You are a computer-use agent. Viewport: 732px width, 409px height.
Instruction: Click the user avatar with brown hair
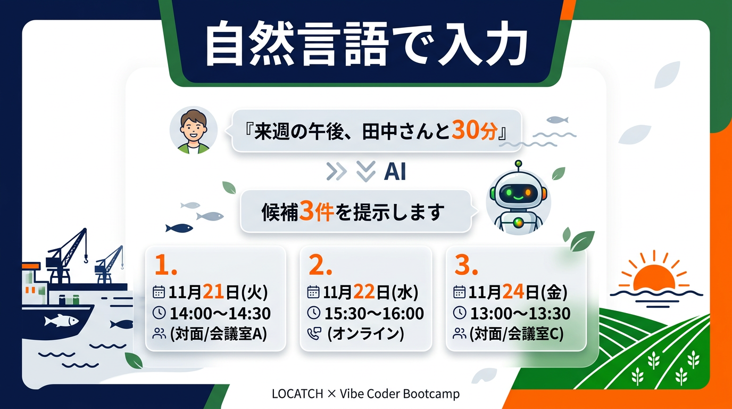pyautogui.click(x=194, y=130)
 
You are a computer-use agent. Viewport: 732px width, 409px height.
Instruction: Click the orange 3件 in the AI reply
pyautogui.click(x=316, y=211)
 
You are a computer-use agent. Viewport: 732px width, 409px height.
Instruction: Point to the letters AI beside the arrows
pyautogui.click(x=395, y=172)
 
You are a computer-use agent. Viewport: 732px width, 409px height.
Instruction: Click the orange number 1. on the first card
pyautogui.click(x=165, y=265)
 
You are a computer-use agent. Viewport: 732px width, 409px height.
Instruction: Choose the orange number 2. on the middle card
pyautogui.click(x=320, y=265)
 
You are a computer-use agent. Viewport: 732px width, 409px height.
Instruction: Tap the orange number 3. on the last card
pyautogui.click(x=466, y=265)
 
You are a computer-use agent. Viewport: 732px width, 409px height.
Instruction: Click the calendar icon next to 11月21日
pyautogui.click(x=159, y=292)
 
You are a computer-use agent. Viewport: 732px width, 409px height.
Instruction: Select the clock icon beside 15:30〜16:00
pyautogui.click(x=314, y=313)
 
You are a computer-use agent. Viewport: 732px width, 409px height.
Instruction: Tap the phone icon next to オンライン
pyautogui.click(x=314, y=334)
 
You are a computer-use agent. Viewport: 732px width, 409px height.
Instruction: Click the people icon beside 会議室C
pyautogui.click(x=460, y=334)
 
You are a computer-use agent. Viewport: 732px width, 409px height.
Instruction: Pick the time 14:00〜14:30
pyautogui.click(x=220, y=314)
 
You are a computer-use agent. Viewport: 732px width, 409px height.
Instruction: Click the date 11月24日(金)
pyautogui.click(x=518, y=292)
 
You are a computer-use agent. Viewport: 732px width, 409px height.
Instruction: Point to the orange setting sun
pyautogui.click(x=654, y=278)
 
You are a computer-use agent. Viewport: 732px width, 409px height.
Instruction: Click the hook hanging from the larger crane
pyautogui.click(x=86, y=260)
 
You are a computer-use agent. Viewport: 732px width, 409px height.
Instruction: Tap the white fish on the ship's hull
pyautogui.click(x=61, y=320)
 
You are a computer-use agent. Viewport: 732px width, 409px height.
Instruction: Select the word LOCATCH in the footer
pyautogui.click(x=297, y=394)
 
